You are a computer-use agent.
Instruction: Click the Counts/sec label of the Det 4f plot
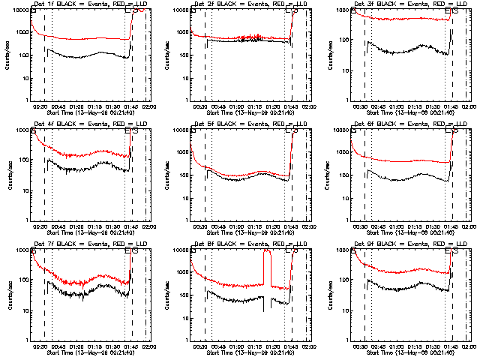10,175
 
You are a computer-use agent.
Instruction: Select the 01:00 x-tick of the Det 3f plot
396,106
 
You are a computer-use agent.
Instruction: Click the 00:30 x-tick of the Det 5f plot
200,226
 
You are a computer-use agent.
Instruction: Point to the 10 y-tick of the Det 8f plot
185,310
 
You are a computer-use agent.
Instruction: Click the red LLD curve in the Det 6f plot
405,160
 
